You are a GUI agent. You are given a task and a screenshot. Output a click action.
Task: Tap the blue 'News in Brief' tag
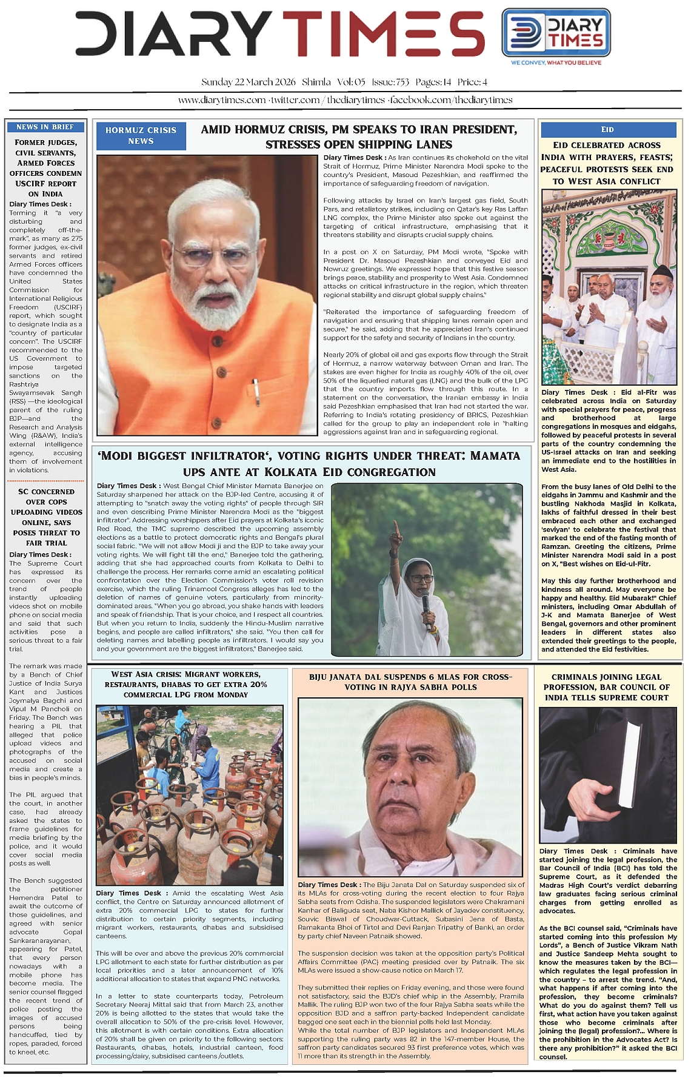(x=45, y=127)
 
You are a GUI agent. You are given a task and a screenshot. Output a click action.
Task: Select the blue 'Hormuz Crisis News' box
(x=141, y=135)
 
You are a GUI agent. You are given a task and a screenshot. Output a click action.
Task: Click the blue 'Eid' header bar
(x=608, y=129)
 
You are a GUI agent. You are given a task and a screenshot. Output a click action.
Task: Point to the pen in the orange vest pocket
(x=256, y=392)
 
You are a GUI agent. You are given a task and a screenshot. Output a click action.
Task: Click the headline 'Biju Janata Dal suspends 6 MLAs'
(x=410, y=682)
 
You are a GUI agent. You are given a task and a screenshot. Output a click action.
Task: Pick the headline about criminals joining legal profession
(x=606, y=687)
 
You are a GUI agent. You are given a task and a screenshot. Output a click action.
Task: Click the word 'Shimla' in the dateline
(x=316, y=82)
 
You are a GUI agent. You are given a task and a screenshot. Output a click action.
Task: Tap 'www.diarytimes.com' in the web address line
(x=222, y=100)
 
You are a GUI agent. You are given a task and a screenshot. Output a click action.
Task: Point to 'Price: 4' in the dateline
(x=472, y=82)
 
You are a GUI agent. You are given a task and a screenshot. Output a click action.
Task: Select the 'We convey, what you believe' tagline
(x=556, y=62)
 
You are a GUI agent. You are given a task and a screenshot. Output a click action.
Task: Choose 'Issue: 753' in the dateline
(x=390, y=82)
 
